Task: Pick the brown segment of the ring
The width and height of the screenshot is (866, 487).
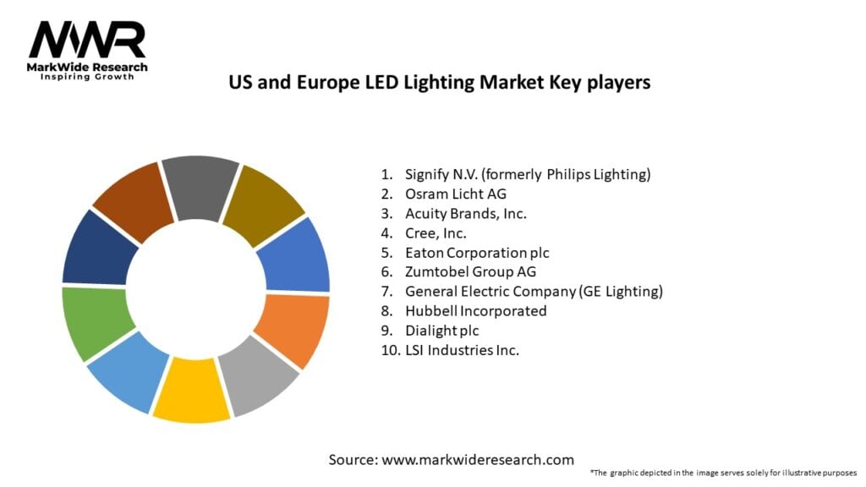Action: tap(129, 200)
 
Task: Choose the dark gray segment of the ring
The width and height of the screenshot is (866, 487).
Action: tap(200, 185)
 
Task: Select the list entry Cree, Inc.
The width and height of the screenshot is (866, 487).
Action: tap(436, 233)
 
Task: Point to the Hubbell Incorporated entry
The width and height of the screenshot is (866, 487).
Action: tap(476, 310)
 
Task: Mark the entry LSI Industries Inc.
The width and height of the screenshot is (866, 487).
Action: tap(461, 349)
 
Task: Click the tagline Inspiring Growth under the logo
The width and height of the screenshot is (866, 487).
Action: tap(87, 76)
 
